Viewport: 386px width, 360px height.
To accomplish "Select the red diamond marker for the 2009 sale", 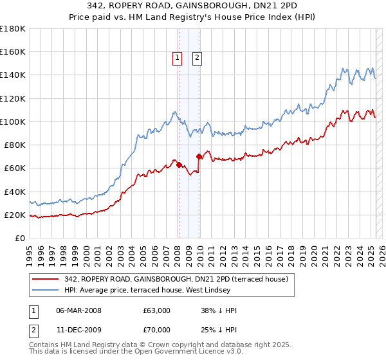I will coord(199,157).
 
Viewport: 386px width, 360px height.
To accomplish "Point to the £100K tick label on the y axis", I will coord(12,122).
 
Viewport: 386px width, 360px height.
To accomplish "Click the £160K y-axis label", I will coord(12,52).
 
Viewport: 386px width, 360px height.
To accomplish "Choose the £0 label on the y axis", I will coord(20,238).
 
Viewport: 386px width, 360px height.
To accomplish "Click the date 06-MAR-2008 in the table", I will coord(78,310).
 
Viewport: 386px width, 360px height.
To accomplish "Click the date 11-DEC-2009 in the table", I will coord(78,328).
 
